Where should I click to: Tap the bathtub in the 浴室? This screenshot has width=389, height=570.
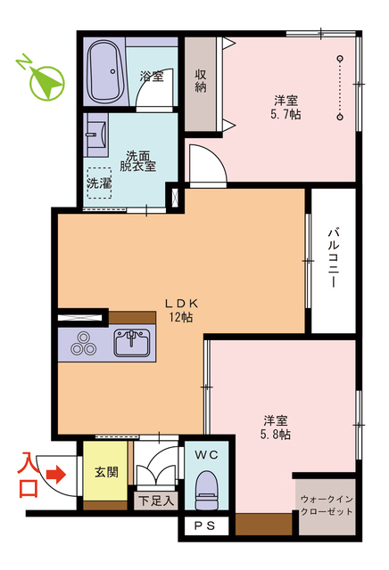point(105,70)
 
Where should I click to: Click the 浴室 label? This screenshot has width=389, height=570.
point(152,76)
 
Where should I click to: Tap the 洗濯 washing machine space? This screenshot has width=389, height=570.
point(100,183)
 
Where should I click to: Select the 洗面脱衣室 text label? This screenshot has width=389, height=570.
point(141,159)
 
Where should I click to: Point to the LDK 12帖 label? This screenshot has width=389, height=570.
point(179,308)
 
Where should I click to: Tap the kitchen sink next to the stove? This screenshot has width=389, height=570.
point(135,341)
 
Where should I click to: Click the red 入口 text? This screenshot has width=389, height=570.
point(29,475)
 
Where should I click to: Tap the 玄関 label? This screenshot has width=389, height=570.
point(106,472)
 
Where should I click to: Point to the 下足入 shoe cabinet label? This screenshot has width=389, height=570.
point(156,501)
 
